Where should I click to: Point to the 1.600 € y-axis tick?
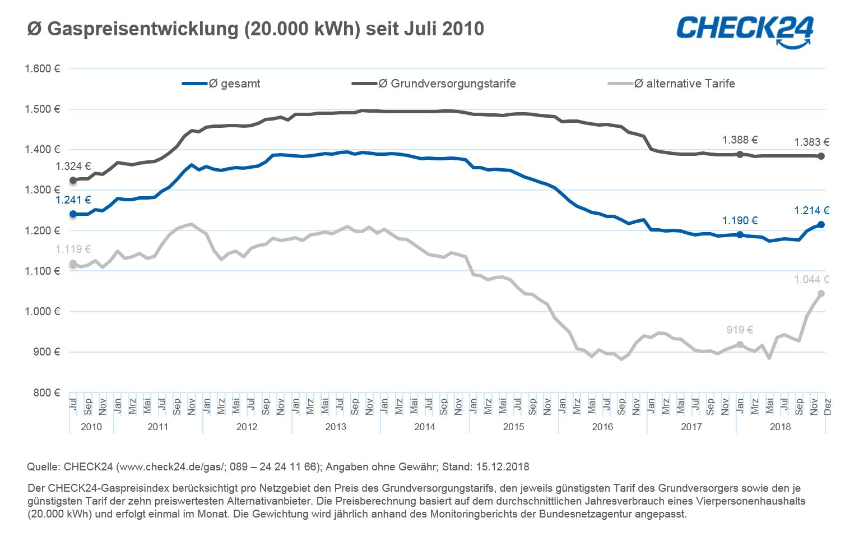(x=42, y=69)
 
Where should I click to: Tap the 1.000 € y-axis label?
(x=42, y=312)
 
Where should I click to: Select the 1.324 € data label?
(x=73, y=167)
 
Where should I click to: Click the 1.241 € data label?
(x=73, y=200)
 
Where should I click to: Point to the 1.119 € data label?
(x=73, y=249)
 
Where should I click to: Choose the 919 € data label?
(x=740, y=330)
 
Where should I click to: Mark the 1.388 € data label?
(x=740, y=140)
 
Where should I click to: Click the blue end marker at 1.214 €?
(x=821, y=225)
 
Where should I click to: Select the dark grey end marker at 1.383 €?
(x=821, y=156)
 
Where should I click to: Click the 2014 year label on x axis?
(x=425, y=427)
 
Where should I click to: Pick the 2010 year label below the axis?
(x=91, y=427)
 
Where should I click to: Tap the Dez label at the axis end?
(x=828, y=406)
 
